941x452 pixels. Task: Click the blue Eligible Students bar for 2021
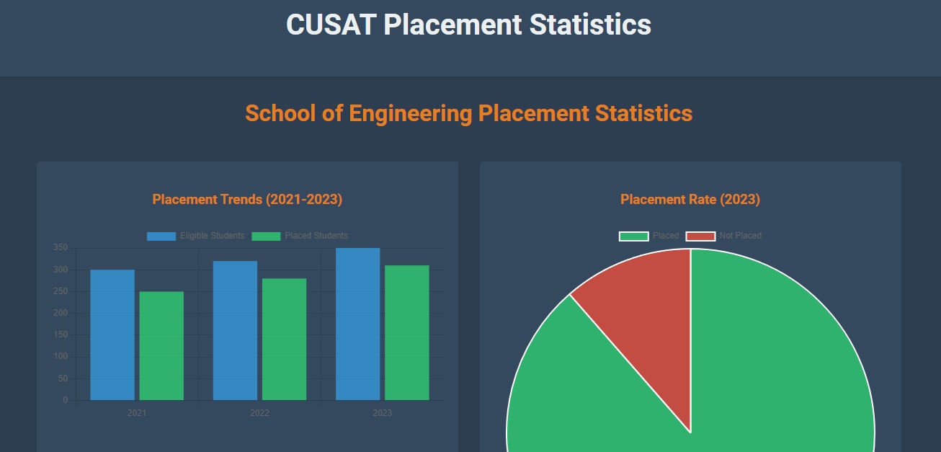pyautogui.click(x=112, y=334)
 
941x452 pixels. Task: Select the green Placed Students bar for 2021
pyautogui.click(x=161, y=345)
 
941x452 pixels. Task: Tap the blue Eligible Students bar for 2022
pyautogui.click(x=235, y=330)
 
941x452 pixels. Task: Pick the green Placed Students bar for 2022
pyautogui.click(x=284, y=339)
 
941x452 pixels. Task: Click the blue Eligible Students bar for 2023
pyautogui.click(x=357, y=324)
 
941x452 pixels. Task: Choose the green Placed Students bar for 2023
pyautogui.click(x=406, y=332)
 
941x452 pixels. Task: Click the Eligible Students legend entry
pyautogui.click(x=196, y=236)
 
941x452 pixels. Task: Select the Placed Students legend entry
pyautogui.click(x=300, y=236)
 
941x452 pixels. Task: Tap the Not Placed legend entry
pyautogui.click(x=723, y=236)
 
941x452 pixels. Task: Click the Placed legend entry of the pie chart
pyautogui.click(x=649, y=236)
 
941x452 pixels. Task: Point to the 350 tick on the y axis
pyautogui.click(x=61, y=248)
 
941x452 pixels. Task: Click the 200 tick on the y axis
pyautogui.click(x=61, y=313)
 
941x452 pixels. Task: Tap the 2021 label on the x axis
pyautogui.click(x=137, y=413)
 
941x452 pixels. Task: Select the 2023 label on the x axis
pyautogui.click(x=382, y=413)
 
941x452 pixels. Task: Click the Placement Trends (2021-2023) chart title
pyautogui.click(x=247, y=200)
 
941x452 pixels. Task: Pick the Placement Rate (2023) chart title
pyautogui.click(x=690, y=200)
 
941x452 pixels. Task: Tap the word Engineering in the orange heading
pyautogui.click(x=411, y=113)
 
